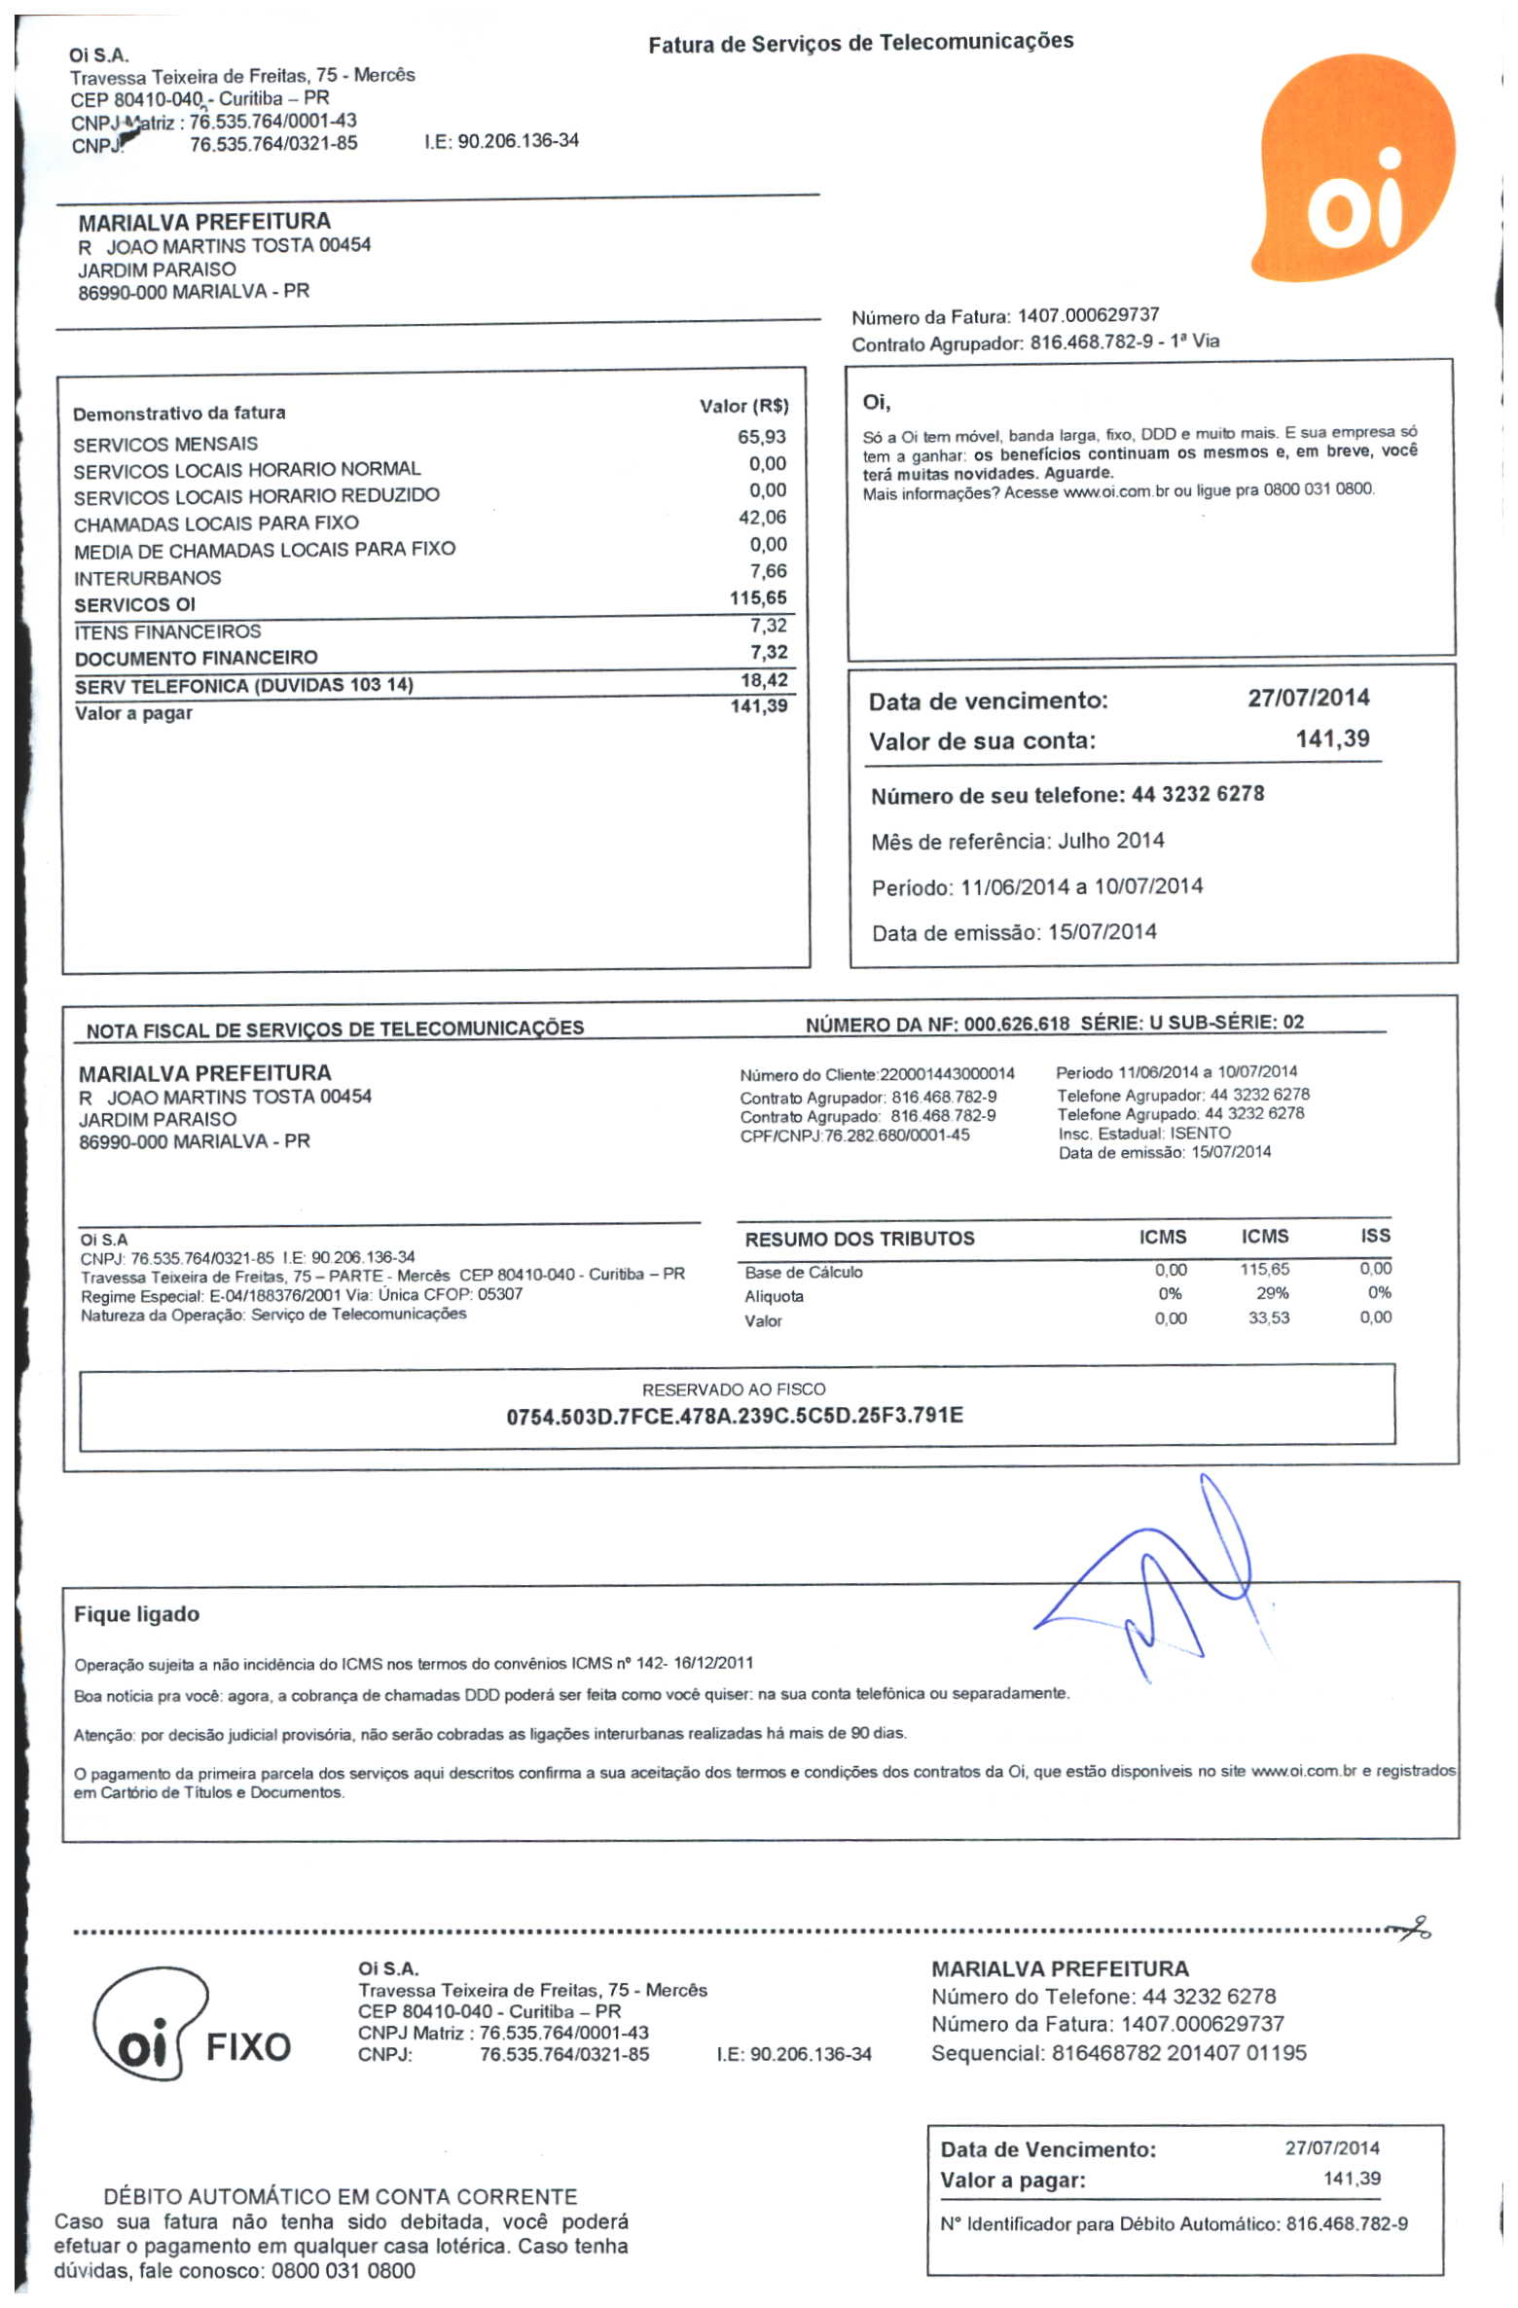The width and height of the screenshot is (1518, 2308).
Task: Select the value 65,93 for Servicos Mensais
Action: click(x=761, y=437)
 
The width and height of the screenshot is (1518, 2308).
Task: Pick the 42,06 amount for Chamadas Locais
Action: click(x=762, y=518)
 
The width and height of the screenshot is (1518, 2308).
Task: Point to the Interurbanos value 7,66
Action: click(x=768, y=571)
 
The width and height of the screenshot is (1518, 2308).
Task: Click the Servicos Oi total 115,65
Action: click(x=758, y=598)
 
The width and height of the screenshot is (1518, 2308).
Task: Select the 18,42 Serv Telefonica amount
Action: click(x=764, y=680)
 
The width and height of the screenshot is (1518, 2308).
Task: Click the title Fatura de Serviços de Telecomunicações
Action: click(x=860, y=43)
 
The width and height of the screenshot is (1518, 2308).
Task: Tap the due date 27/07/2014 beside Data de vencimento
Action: click(x=1308, y=698)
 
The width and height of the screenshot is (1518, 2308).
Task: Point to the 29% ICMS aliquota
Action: click(x=1272, y=1293)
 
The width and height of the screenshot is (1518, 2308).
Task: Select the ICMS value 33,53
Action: click(x=1269, y=1317)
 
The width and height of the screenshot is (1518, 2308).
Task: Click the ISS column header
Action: click(x=1375, y=1236)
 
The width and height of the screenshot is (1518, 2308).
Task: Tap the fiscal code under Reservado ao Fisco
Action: click(x=734, y=1415)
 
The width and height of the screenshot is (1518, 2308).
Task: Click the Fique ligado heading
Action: click(x=136, y=1614)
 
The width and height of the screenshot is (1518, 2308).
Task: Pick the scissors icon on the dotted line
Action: click(x=1410, y=1928)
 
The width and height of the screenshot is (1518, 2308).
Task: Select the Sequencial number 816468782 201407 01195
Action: click(x=1178, y=2053)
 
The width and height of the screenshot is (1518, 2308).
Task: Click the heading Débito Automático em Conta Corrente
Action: click(x=340, y=2196)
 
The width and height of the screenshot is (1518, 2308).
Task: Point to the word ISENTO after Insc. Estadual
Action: click(x=1200, y=1133)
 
